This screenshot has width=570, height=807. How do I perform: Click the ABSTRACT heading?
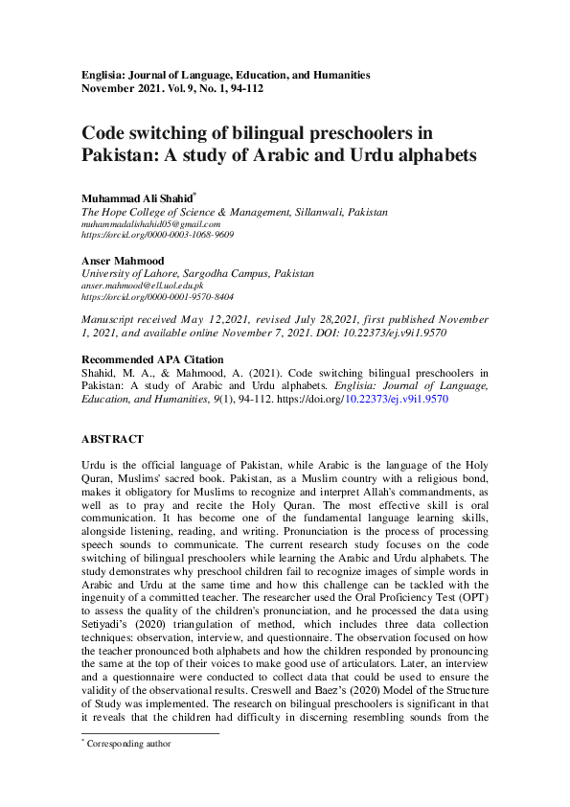[112, 439]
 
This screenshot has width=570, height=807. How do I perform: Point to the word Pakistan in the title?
[118, 154]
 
